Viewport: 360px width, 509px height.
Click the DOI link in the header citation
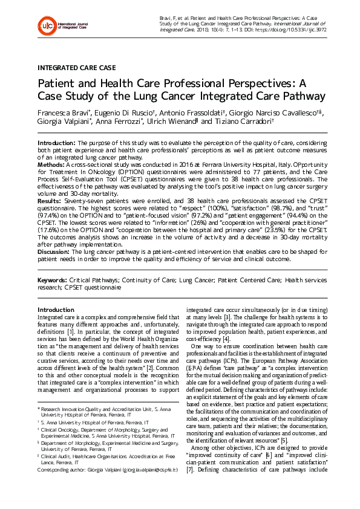click(x=287, y=28)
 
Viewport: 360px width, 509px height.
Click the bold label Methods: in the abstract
click(x=52, y=164)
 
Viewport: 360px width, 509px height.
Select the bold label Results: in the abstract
click(x=50, y=200)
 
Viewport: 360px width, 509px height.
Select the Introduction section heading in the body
click(x=56, y=310)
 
